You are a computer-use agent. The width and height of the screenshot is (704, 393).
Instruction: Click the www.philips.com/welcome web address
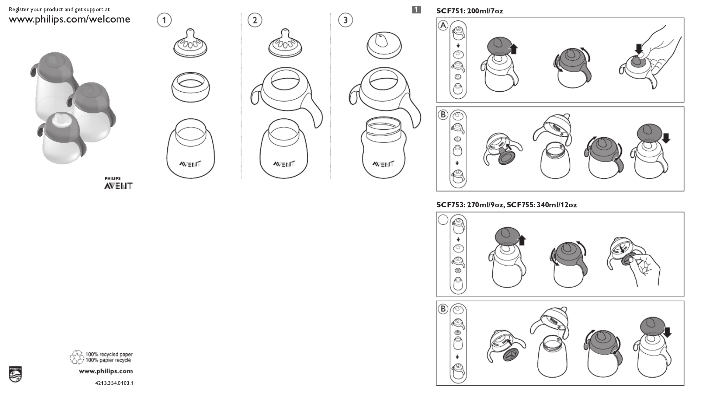[69, 19]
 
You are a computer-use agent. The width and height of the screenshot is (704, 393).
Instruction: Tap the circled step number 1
[164, 20]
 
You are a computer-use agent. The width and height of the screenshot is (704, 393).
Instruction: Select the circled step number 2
[255, 20]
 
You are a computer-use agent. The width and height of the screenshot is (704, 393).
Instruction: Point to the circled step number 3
[345, 20]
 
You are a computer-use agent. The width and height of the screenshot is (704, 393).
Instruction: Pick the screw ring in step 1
[191, 87]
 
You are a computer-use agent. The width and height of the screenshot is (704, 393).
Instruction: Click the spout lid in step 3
[384, 46]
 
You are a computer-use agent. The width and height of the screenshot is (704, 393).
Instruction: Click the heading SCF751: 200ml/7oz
[469, 11]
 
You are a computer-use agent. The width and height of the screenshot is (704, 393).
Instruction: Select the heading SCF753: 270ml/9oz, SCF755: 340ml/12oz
[506, 205]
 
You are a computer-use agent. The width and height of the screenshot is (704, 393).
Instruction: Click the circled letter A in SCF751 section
[443, 26]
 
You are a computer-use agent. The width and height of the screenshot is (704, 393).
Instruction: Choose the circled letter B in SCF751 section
[443, 114]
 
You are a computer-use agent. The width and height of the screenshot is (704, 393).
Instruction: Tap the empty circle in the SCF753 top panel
[443, 220]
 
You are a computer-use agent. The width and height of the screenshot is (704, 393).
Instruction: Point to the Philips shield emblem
[15, 374]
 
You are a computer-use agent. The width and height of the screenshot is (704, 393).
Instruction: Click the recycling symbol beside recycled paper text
[77, 357]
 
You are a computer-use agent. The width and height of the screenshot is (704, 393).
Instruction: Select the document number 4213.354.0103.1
[114, 383]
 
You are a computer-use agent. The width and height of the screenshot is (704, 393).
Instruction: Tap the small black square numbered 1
[416, 10]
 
